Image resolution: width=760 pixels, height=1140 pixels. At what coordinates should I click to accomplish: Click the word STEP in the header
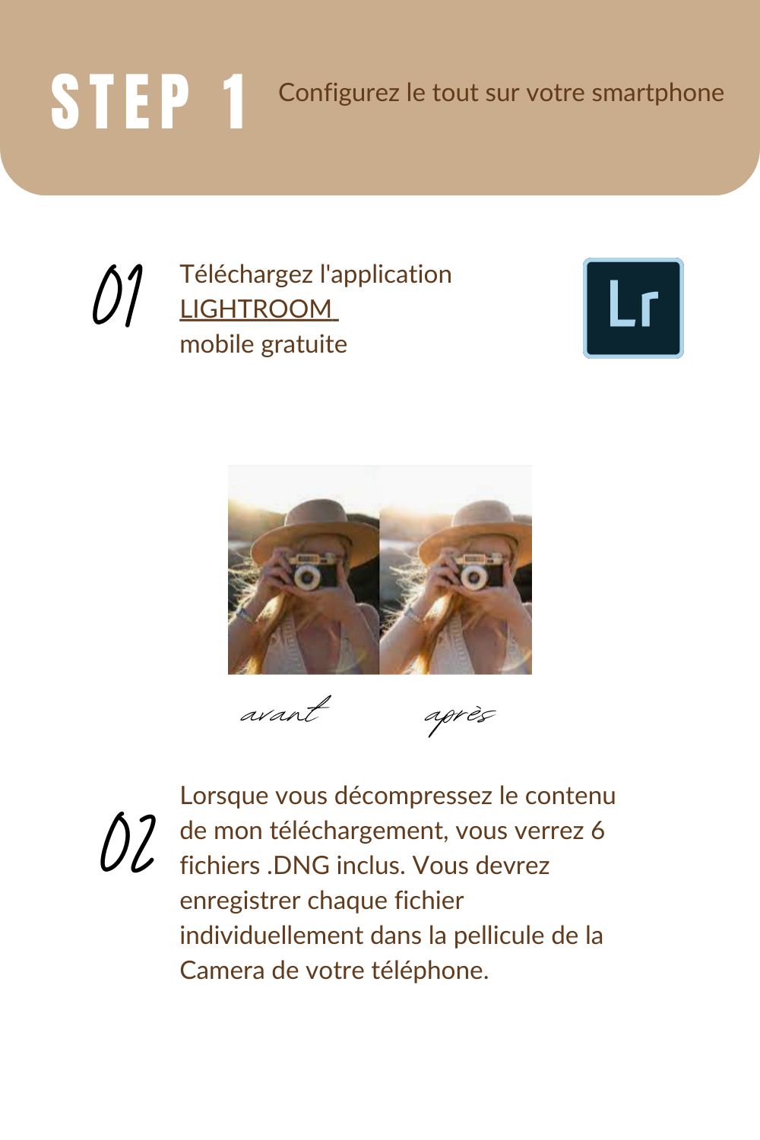coord(121,101)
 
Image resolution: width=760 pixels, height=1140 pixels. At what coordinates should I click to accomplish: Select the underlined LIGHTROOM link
coord(258,309)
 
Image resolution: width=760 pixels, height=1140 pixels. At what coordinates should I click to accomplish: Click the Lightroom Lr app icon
coord(633,308)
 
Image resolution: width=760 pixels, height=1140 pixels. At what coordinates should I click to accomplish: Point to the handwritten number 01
coord(118,295)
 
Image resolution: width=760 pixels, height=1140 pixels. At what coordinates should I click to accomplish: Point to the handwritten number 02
coord(128,842)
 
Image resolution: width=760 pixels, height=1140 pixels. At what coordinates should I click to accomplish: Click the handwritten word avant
coord(285,711)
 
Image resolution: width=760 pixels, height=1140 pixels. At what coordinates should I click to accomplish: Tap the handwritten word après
coord(460,717)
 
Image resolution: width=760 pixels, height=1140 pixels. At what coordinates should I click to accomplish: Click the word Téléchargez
coord(246,275)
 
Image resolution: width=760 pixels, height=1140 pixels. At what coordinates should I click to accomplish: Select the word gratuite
coord(304,344)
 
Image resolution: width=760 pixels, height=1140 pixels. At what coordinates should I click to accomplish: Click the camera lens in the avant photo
coord(307,577)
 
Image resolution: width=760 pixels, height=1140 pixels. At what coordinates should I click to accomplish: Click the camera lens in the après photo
coord(474,578)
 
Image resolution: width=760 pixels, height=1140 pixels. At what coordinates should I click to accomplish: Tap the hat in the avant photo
coord(315,529)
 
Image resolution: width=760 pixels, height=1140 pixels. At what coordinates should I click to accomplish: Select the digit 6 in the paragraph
coord(598,831)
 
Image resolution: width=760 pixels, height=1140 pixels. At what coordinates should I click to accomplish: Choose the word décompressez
coord(413,796)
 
